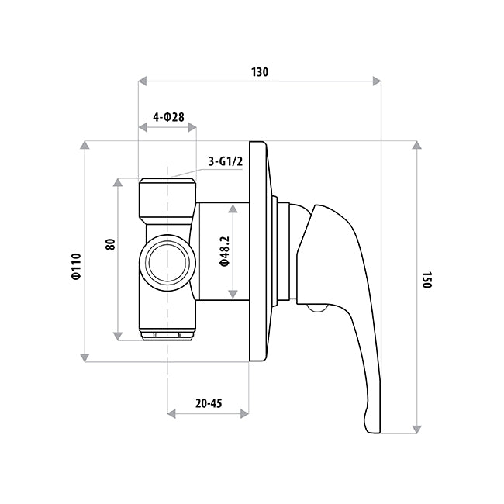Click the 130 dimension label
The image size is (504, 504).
point(259,72)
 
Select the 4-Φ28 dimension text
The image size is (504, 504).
point(168,116)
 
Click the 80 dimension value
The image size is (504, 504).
point(110,243)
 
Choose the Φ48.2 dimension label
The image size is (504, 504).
point(223,250)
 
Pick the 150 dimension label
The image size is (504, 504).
point(426,280)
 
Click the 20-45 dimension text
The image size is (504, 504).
point(209,403)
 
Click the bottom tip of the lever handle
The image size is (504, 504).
point(371,426)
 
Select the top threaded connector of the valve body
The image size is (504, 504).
point(167,198)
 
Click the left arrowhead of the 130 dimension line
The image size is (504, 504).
point(142,80)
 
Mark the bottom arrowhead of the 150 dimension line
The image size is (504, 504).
point(417,428)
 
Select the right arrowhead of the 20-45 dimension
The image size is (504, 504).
point(244,413)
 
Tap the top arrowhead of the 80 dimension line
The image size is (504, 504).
point(118,183)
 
